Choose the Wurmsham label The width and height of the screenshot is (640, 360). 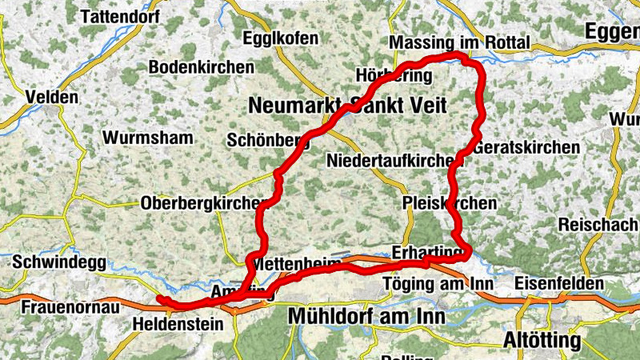coord(148,137)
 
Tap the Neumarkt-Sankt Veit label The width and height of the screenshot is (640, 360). coord(347,106)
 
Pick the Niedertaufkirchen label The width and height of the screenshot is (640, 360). coord(390,161)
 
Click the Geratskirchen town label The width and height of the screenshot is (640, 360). coord(526,148)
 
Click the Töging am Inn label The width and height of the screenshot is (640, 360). coord(437,283)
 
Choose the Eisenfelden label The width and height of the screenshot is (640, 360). coord(559,283)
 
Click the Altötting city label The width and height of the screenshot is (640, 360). coord(542,341)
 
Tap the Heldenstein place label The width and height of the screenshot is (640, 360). coord(169,326)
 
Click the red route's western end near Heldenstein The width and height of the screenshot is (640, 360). coord(159,298)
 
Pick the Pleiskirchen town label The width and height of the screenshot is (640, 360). coord(450,203)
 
